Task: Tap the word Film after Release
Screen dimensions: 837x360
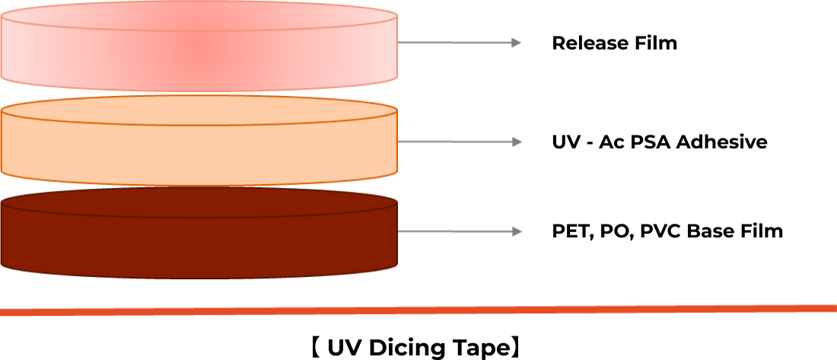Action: click(x=655, y=43)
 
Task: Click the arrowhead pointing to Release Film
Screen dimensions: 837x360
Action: click(x=516, y=43)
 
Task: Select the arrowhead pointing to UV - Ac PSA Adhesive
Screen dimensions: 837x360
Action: click(x=516, y=142)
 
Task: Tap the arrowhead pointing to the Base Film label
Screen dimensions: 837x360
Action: click(x=516, y=231)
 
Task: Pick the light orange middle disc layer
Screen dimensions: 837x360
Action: click(x=199, y=142)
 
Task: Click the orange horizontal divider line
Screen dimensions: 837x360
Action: click(x=418, y=310)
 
